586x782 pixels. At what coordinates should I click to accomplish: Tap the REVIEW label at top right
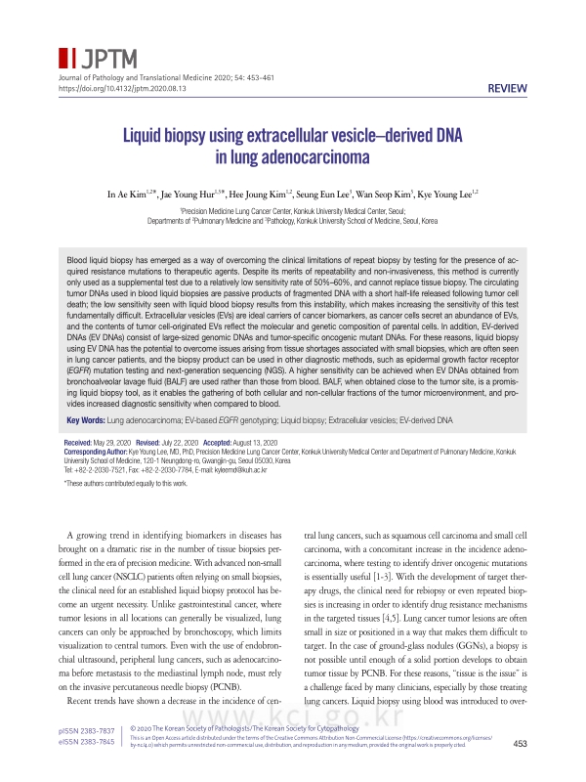507,89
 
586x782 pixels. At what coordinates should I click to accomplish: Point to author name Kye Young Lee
446,195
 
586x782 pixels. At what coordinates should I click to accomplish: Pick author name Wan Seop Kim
383,195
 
